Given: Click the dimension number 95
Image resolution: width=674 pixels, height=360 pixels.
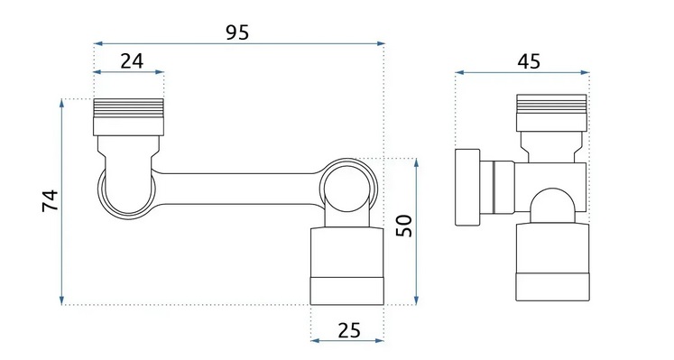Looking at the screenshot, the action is click(x=237, y=32).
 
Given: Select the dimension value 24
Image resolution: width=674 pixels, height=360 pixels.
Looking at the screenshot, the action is click(x=132, y=61).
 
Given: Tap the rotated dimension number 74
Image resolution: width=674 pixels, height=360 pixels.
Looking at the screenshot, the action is click(x=51, y=200).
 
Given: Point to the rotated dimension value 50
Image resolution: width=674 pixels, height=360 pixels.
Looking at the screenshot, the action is click(x=404, y=226).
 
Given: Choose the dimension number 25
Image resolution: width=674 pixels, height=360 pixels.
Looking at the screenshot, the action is click(x=349, y=331).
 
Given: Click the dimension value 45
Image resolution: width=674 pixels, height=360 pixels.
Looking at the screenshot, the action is click(x=529, y=61).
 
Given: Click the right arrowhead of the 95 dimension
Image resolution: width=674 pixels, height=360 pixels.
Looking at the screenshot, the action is click(x=381, y=43).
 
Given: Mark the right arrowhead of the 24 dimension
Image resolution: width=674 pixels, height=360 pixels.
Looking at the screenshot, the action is click(x=160, y=72).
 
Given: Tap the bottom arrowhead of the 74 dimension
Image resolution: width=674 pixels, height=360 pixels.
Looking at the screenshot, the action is click(x=62, y=300).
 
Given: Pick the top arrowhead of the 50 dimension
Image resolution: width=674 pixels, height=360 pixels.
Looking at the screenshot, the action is click(x=416, y=162).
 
